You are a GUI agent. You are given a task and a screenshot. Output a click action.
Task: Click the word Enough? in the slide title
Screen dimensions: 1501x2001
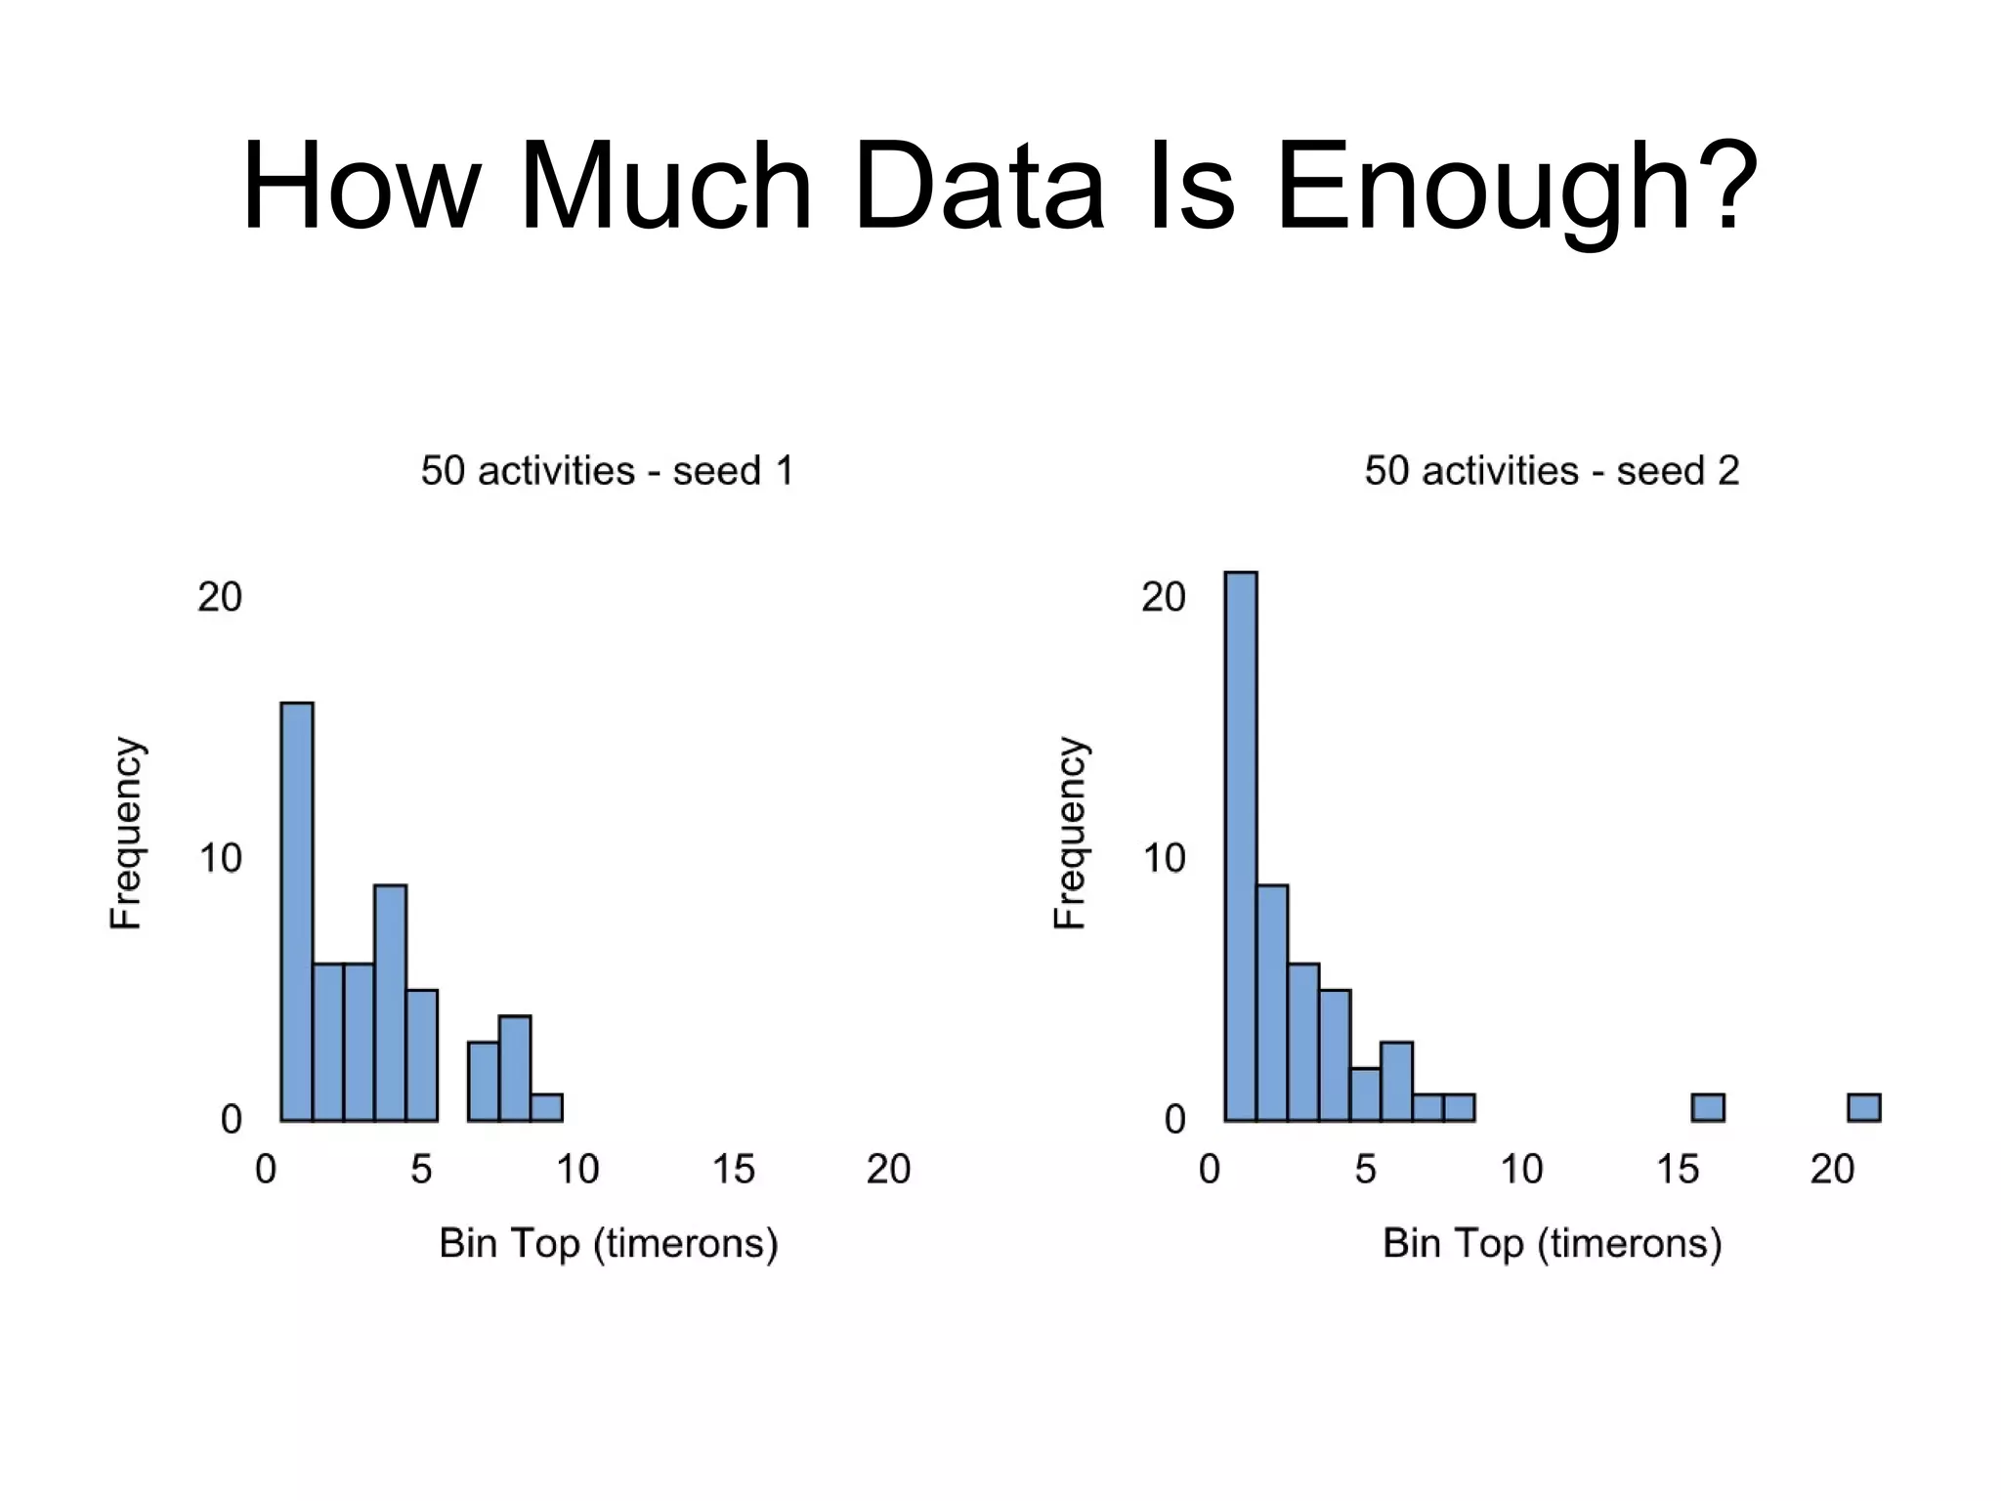click(1516, 186)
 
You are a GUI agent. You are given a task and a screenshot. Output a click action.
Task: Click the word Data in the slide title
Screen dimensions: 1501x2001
click(978, 186)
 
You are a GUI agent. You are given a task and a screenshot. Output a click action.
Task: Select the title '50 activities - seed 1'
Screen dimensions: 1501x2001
click(607, 471)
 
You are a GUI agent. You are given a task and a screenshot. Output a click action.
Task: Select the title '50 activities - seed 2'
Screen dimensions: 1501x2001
click(1552, 471)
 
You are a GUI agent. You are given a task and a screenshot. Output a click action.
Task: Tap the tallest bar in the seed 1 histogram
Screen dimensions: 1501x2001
click(297, 911)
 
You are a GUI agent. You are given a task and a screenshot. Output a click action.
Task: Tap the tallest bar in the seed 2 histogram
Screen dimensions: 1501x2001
click(1241, 846)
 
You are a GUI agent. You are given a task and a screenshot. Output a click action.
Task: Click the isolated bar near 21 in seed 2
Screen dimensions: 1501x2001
click(1864, 1107)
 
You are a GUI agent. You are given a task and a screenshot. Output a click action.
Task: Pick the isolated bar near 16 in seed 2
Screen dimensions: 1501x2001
click(1708, 1107)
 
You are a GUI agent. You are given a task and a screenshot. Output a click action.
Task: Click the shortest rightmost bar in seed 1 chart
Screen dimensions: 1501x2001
click(547, 1107)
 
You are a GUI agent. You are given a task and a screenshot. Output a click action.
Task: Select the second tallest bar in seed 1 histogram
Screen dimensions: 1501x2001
click(391, 1002)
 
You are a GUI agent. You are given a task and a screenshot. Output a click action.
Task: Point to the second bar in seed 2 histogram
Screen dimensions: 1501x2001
click(1272, 1002)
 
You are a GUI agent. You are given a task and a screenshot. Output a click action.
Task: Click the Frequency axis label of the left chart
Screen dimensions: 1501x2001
click(126, 833)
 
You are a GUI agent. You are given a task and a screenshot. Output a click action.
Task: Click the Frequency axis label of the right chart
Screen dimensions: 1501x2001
click(1070, 833)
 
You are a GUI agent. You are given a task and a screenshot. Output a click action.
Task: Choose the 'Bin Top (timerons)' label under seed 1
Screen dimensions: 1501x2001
click(608, 1243)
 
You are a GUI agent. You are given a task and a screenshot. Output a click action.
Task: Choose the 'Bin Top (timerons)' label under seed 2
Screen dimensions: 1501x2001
click(1552, 1243)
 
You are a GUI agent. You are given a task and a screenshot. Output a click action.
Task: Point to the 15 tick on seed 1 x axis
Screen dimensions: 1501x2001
click(733, 1169)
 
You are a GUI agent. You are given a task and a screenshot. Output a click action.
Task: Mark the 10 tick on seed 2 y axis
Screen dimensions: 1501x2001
click(1163, 858)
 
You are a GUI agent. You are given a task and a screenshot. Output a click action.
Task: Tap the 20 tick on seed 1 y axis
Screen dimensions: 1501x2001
click(219, 597)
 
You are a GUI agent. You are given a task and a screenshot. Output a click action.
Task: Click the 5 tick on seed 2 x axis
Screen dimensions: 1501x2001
click(1365, 1169)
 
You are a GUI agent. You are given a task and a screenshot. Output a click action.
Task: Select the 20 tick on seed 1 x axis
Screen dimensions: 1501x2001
click(888, 1169)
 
